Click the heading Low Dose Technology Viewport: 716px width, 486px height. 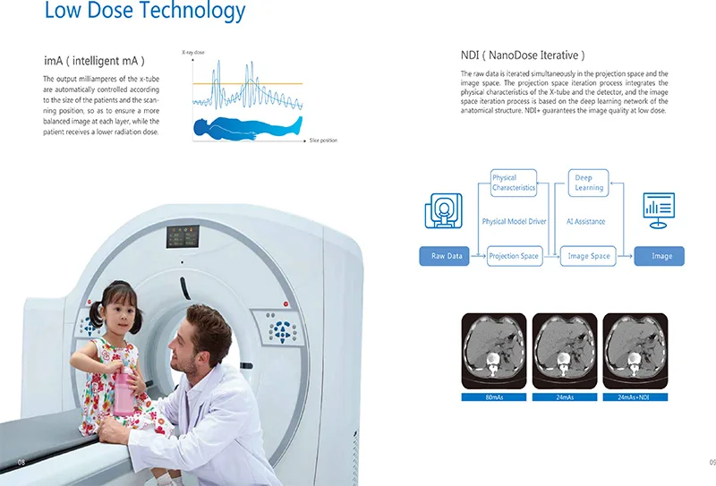(x=144, y=12)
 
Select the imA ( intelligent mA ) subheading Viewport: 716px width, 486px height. (x=94, y=61)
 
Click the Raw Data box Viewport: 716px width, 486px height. (x=447, y=256)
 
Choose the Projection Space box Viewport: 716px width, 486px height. (x=514, y=256)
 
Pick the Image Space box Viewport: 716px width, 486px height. (x=589, y=256)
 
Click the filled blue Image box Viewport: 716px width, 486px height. (x=661, y=256)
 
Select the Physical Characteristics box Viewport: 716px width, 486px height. (x=514, y=183)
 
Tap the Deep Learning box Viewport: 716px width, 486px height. (x=588, y=183)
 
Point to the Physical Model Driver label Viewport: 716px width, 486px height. (x=514, y=221)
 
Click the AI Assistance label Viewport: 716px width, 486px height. (x=586, y=221)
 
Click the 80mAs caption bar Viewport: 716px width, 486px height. (x=493, y=396)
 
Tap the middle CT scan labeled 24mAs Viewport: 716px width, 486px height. (x=564, y=351)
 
